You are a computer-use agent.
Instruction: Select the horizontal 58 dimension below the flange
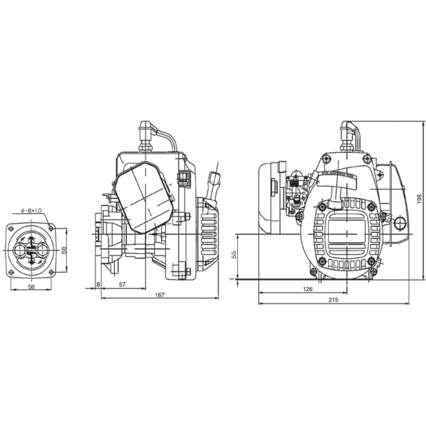coord(31,287)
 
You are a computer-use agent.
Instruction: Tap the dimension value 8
coord(98,285)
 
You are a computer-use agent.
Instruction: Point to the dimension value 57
coord(122,285)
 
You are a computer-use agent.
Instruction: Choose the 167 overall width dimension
coord(160,295)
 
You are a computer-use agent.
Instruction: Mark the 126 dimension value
coord(308,289)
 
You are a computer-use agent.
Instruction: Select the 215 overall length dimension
coord(333,300)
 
